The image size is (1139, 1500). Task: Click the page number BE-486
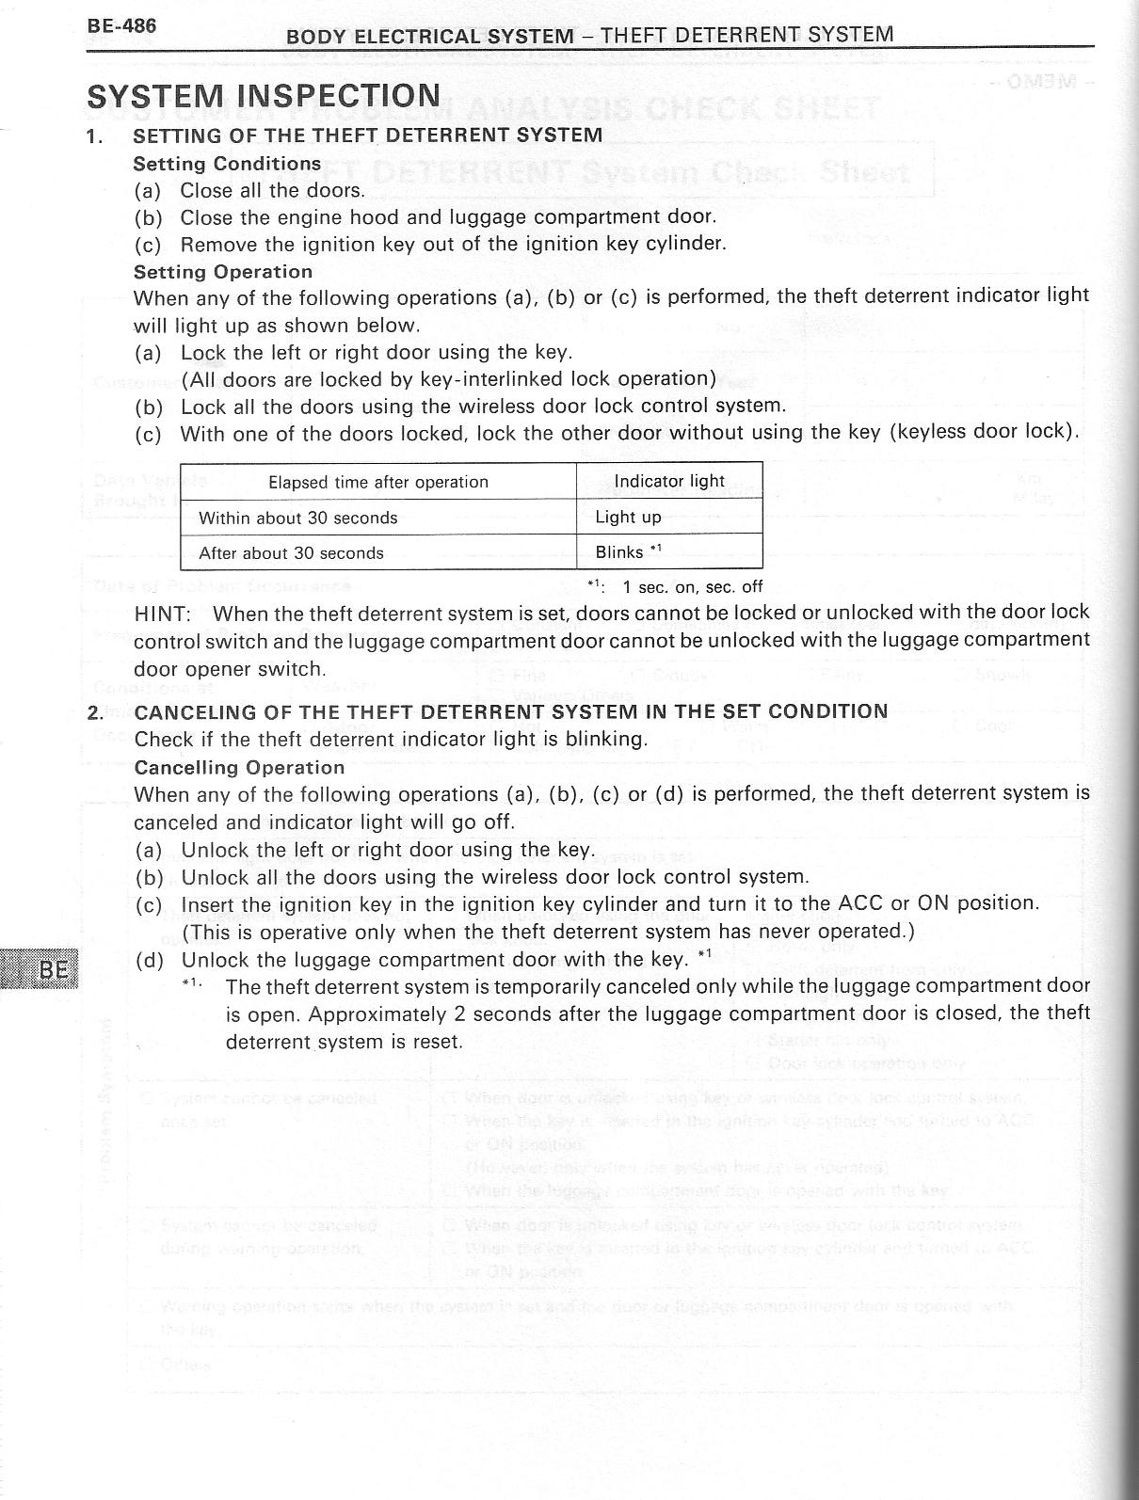(x=121, y=25)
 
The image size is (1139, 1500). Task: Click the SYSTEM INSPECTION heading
(x=264, y=96)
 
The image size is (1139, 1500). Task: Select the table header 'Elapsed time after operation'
(x=377, y=483)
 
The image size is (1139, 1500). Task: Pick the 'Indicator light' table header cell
(x=669, y=481)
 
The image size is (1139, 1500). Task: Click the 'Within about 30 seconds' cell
(x=297, y=518)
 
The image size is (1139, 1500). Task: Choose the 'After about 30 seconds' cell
(x=291, y=553)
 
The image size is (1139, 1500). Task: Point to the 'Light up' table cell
(x=628, y=517)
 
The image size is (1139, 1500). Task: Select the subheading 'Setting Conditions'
(x=227, y=163)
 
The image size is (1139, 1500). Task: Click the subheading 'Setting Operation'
(x=223, y=272)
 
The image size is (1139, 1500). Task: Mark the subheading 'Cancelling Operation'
(x=239, y=767)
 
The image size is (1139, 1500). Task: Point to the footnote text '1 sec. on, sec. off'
(x=692, y=587)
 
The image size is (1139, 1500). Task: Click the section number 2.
(x=94, y=711)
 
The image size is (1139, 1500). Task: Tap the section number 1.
(x=93, y=136)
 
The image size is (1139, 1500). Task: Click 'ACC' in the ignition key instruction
(x=860, y=903)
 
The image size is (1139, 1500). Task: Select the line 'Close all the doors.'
(x=272, y=190)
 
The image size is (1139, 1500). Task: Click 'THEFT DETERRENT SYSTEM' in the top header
(x=746, y=36)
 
